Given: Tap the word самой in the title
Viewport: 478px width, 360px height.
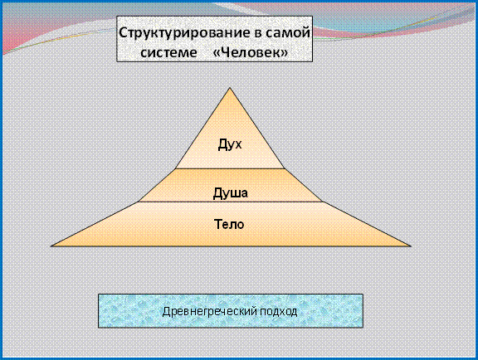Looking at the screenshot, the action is coord(289,32).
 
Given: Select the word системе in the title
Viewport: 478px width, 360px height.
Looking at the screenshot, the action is coord(168,52).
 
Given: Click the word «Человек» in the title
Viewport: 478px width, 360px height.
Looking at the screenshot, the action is coord(251,52).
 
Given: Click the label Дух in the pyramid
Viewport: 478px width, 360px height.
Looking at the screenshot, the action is coord(230,144).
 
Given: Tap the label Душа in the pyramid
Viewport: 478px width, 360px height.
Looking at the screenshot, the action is coord(230,193).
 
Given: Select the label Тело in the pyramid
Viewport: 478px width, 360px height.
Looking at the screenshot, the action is coord(229,224).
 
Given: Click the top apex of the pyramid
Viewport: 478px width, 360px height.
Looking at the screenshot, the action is coord(230,88).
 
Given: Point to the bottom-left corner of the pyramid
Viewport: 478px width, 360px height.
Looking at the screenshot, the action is coord(51,246).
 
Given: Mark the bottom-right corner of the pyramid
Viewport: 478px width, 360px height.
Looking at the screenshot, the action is coord(411,246).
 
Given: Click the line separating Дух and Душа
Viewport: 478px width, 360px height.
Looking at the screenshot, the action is coord(230,168).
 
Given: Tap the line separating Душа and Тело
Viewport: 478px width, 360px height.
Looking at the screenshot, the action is coord(230,202).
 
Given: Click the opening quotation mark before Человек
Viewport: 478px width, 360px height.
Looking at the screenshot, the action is coord(216,53).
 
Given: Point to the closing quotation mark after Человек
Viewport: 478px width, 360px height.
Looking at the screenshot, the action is coord(284,53).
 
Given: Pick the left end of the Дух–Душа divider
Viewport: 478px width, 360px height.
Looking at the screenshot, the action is coord(175,168).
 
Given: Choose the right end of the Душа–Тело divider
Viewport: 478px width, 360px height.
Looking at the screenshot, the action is coord(323,202).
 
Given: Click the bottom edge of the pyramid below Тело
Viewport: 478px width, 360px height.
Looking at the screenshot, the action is coord(231,246).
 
